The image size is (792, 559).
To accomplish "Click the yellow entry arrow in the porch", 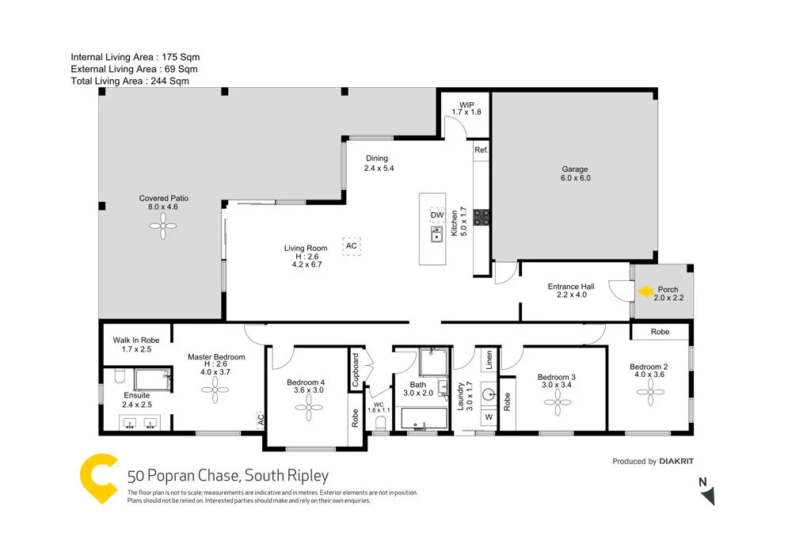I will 643,291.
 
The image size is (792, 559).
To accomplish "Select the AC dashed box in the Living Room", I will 352,246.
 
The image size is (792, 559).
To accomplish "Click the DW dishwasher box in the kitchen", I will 436,215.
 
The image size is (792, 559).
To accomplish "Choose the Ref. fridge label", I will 481,150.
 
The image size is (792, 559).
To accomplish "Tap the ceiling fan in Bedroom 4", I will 309,408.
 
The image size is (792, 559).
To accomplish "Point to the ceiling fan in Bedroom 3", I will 557,401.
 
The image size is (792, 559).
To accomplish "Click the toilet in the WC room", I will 380,425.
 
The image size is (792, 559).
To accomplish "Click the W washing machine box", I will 488,417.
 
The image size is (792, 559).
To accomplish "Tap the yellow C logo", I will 99,478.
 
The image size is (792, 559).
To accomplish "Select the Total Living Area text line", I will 130,81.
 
